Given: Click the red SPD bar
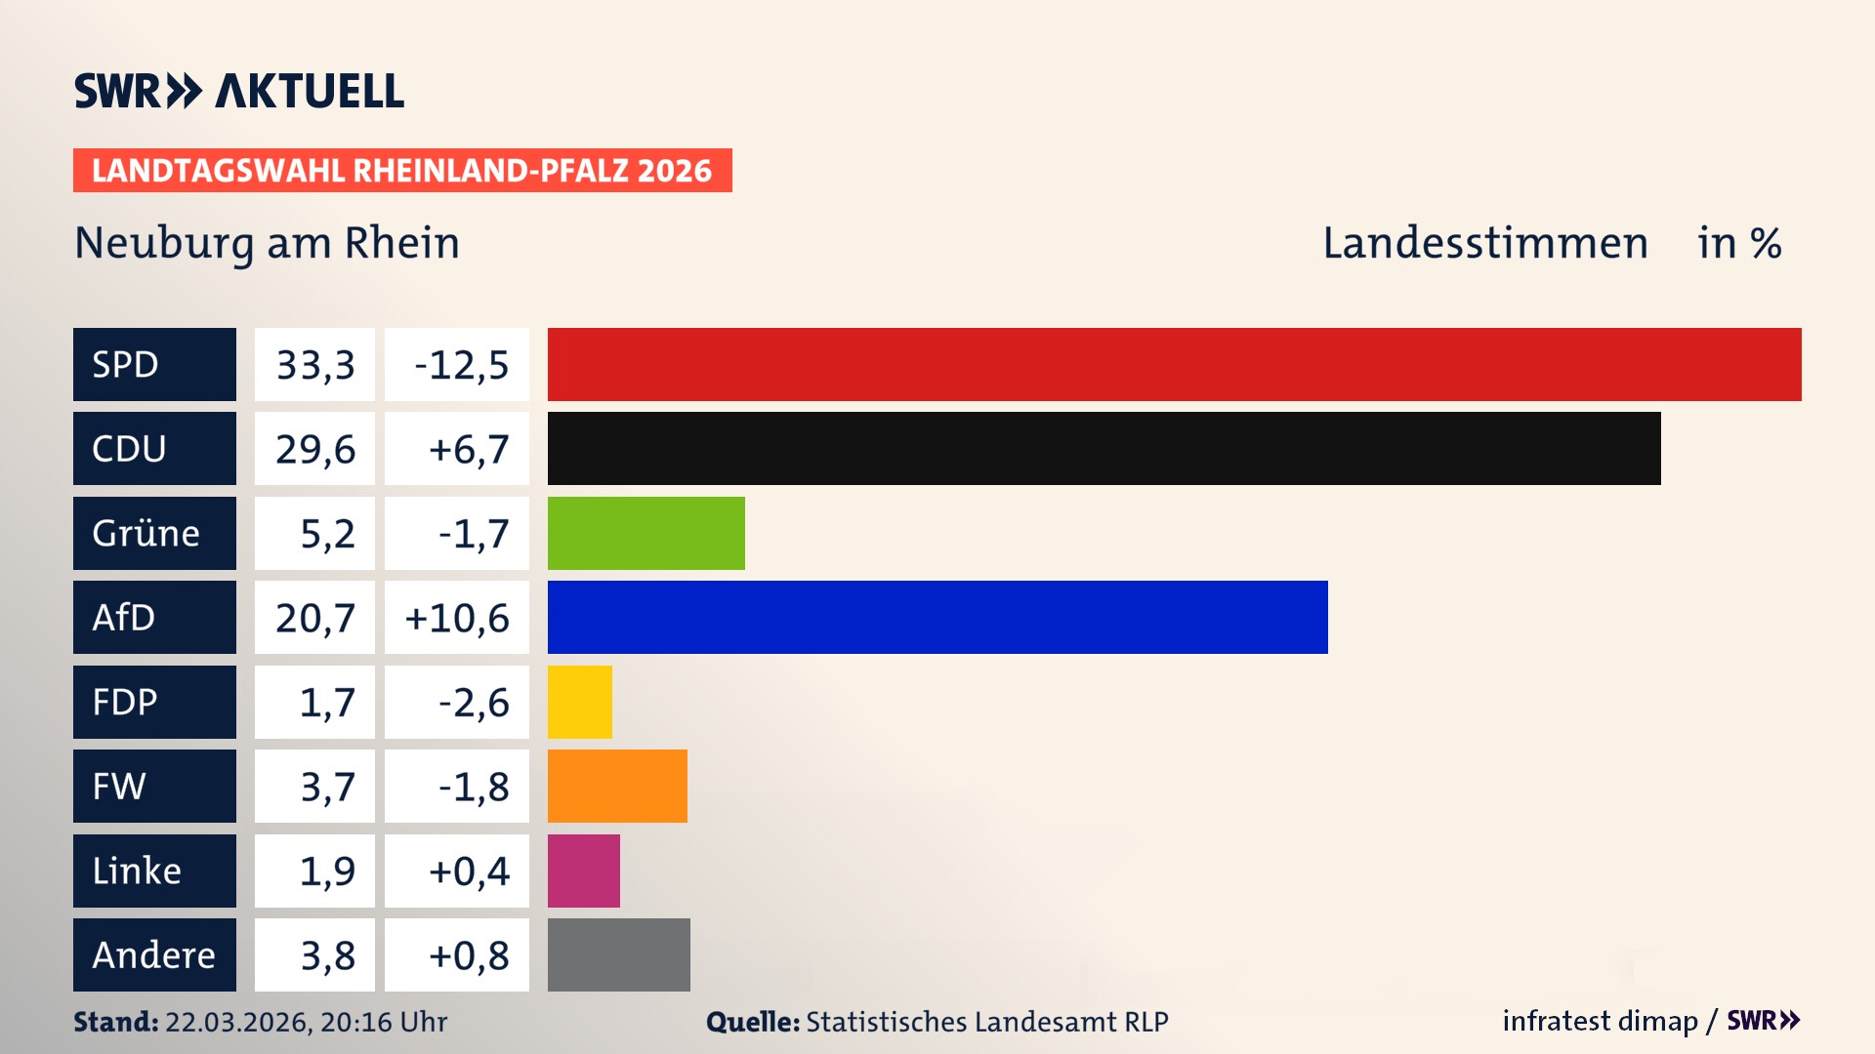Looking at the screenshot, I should coord(1174,364).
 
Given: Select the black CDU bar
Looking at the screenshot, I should coord(1104,448).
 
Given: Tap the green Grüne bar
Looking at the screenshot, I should coord(646,533).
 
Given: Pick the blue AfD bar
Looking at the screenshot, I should coord(937,617).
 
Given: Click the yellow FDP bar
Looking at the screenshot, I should coord(579,702).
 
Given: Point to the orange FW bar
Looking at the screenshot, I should coord(617,786).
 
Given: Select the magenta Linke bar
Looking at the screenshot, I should coord(583,871).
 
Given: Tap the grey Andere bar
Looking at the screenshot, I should coord(618,954).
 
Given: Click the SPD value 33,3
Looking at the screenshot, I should coord(314,365).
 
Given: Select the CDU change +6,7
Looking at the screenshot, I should coord(468,449).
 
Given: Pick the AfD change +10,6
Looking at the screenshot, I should coord(456,618).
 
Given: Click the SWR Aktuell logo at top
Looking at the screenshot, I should coord(239,91).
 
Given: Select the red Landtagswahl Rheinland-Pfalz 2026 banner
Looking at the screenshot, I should coord(401,170).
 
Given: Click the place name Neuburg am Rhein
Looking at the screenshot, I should coord(267,243).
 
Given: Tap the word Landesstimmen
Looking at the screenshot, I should coord(1484,243).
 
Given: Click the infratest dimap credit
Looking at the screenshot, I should coord(1599,1021).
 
